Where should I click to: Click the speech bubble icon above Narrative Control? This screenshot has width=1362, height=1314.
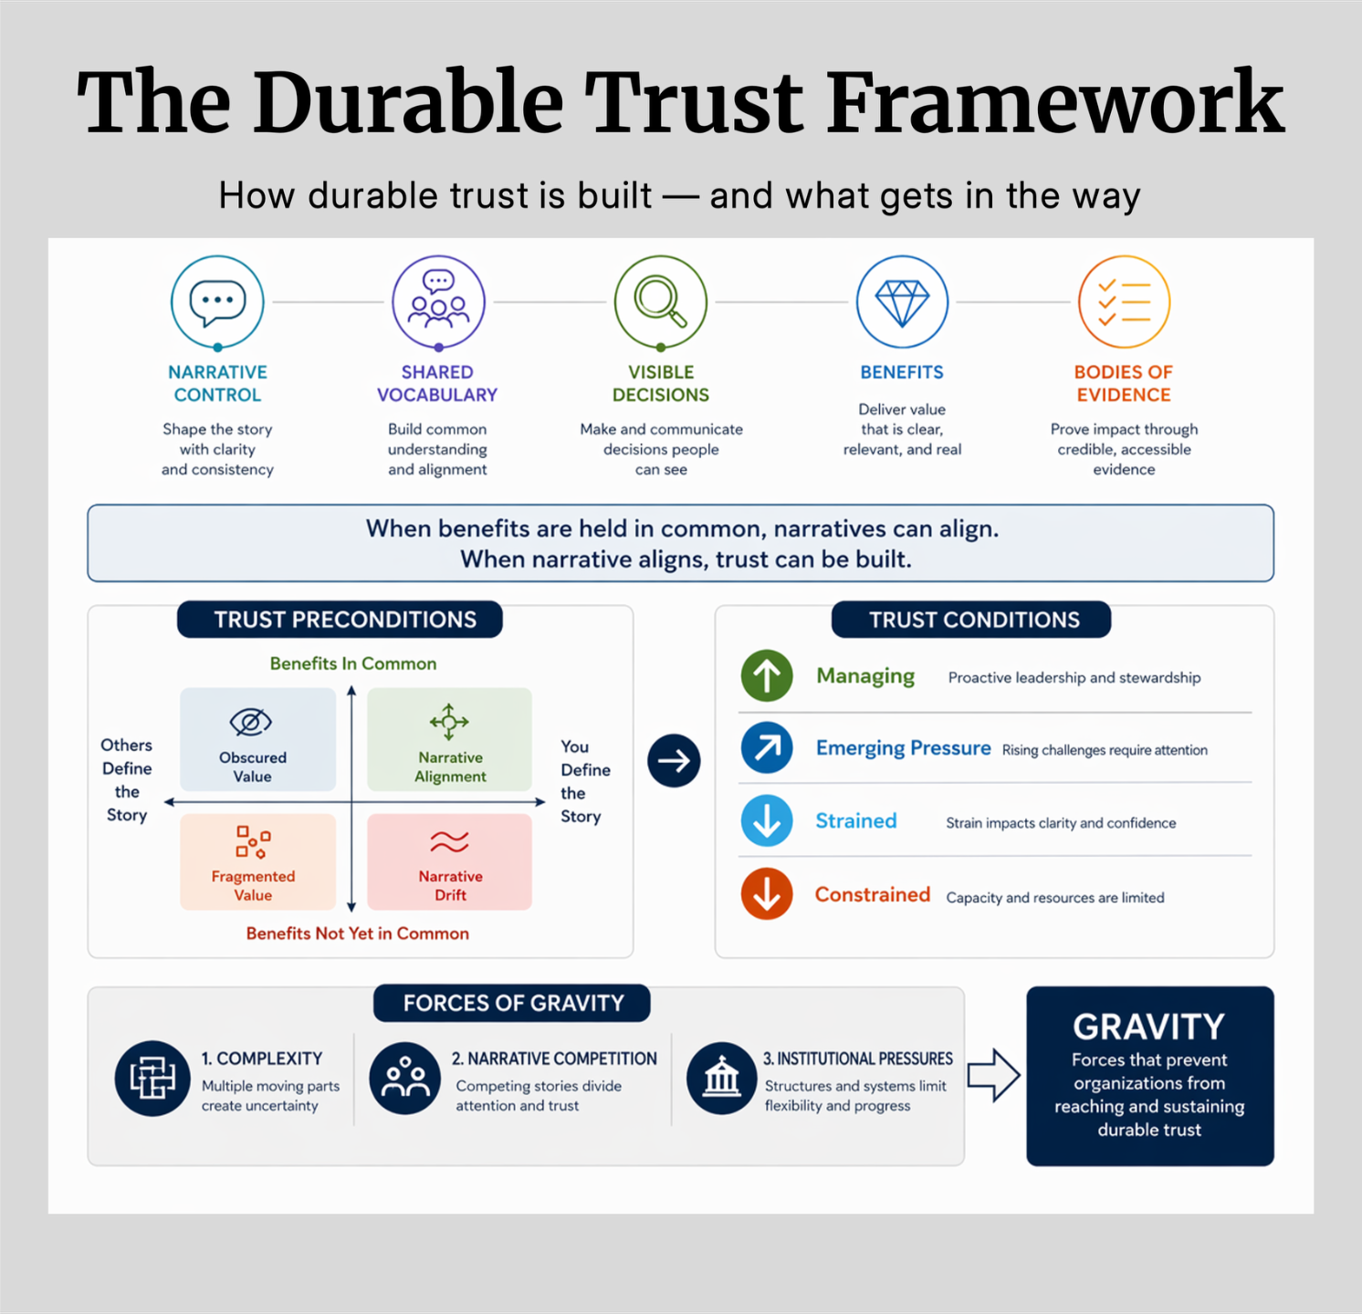coord(217,302)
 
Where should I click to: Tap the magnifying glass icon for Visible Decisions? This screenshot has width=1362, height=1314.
coord(661,302)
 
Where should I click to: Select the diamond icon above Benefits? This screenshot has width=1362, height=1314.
coord(902,302)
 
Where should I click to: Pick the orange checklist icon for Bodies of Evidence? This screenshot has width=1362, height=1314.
coord(1124,302)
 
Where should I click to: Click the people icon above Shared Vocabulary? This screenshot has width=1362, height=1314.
coord(438,302)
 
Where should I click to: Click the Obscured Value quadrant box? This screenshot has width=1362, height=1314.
coord(258,739)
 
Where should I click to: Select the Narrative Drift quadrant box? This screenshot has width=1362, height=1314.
coord(449,861)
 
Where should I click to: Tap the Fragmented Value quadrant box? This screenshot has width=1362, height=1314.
coord(258,861)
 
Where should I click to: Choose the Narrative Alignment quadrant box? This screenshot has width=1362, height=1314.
coord(449,739)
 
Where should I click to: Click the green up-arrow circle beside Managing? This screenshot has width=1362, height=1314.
coord(767,676)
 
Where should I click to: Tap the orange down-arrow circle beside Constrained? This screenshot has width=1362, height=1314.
coord(767,894)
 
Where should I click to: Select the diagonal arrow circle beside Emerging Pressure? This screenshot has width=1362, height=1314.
coord(767,747)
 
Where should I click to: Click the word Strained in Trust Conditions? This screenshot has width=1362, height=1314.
coord(856,821)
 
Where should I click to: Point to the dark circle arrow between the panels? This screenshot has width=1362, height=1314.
coord(674,760)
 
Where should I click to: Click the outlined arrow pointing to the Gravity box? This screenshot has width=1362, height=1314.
coord(993,1075)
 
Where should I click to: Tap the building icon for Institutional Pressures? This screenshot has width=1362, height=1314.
coord(722,1079)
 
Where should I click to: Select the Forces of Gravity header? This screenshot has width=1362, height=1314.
coord(512,1003)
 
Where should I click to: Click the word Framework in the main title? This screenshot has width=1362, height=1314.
coord(1056,102)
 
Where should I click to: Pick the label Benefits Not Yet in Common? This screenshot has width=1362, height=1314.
coord(358,933)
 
